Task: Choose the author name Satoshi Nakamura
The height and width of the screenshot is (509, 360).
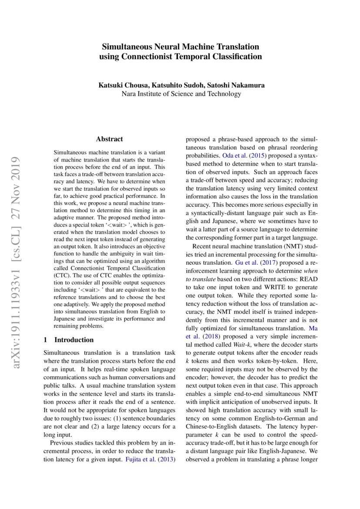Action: [x=236, y=85]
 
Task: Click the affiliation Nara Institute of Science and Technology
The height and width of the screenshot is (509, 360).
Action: [x=180, y=94]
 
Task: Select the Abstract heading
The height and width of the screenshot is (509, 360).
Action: [x=109, y=139]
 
